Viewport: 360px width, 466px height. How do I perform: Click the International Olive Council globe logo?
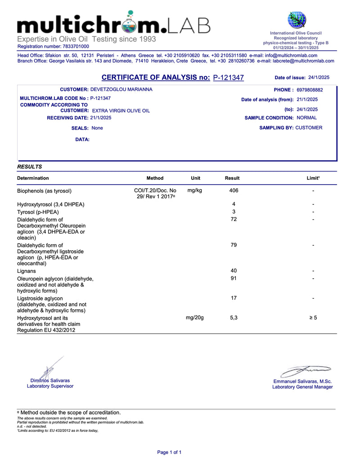297,19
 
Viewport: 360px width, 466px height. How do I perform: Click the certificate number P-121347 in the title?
228,77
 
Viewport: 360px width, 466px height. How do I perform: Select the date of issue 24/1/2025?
319,77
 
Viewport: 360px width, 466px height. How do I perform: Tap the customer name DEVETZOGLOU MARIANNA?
121,90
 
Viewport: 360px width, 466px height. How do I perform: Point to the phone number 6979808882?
310,90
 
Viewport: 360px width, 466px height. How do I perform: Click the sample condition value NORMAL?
307,118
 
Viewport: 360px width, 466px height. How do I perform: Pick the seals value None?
97,128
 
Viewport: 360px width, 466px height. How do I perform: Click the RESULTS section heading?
30,167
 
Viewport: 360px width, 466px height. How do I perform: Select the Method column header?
155,178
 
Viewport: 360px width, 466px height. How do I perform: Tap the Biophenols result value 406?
234,190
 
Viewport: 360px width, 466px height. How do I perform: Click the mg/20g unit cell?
195,318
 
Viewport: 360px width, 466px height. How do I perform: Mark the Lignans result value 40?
234,271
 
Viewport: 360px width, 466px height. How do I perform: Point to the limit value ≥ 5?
313,318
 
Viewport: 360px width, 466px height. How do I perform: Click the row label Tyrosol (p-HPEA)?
38,212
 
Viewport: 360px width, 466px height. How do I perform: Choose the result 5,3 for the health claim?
234,318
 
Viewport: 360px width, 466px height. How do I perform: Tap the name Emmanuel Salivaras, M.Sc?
302,381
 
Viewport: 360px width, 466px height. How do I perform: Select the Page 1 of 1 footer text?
169,452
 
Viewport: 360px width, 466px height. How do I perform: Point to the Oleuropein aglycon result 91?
234,278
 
